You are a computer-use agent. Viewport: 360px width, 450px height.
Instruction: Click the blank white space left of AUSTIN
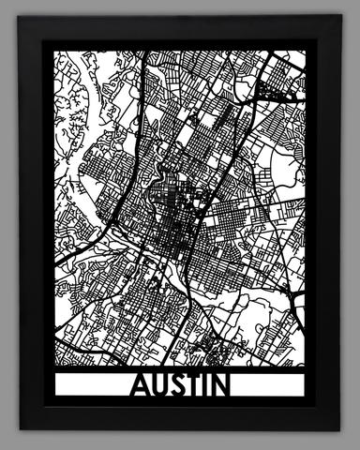point(89,386)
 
